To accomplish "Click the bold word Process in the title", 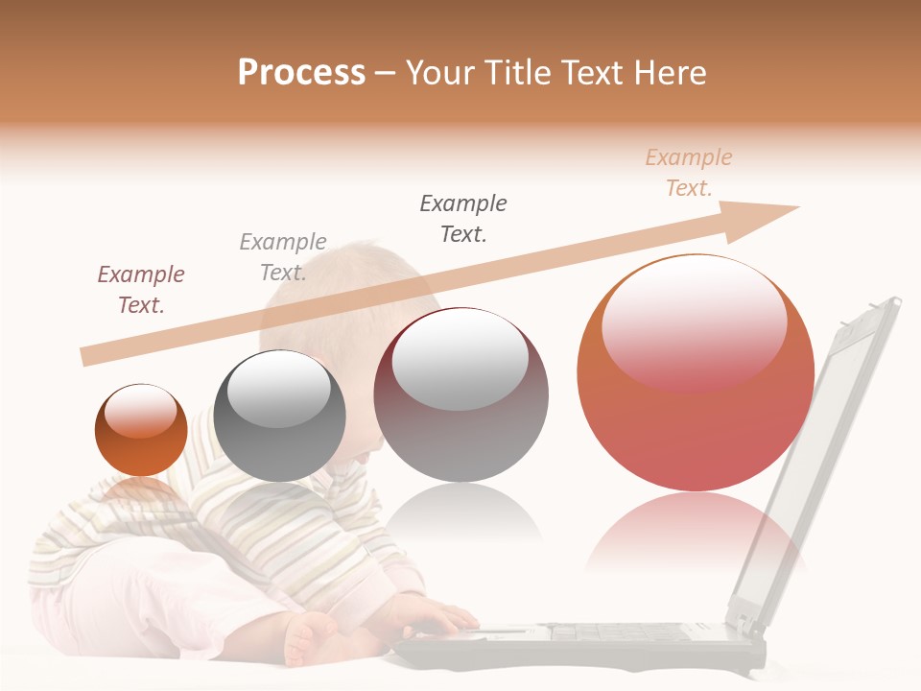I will pyautogui.click(x=301, y=73).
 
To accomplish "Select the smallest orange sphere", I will pyautogui.click(x=141, y=431).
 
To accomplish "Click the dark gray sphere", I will pyautogui.click(x=279, y=417).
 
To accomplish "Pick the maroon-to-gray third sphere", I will pyautogui.click(x=460, y=394).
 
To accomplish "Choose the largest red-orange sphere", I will pyautogui.click(x=696, y=374).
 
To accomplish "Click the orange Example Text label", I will pyautogui.click(x=689, y=172).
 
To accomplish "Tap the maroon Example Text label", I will pyautogui.click(x=141, y=289).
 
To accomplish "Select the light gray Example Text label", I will pyautogui.click(x=283, y=256).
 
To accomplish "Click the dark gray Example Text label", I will pyautogui.click(x=463, y=218).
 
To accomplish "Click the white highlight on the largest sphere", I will pyautogui.click(x=694, y=322).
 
